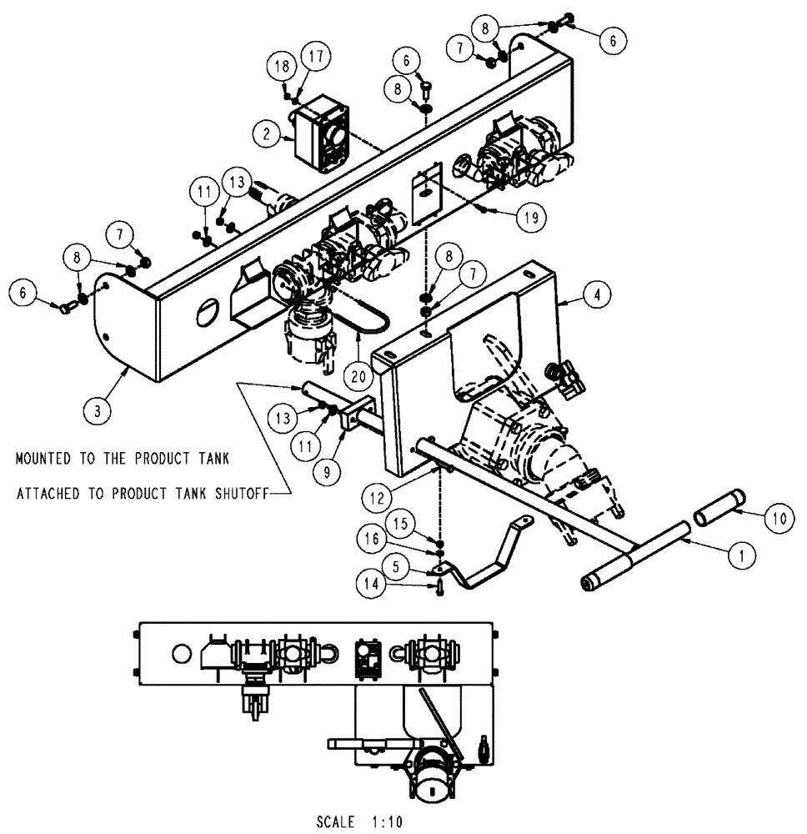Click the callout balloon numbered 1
743,552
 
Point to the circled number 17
316,58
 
